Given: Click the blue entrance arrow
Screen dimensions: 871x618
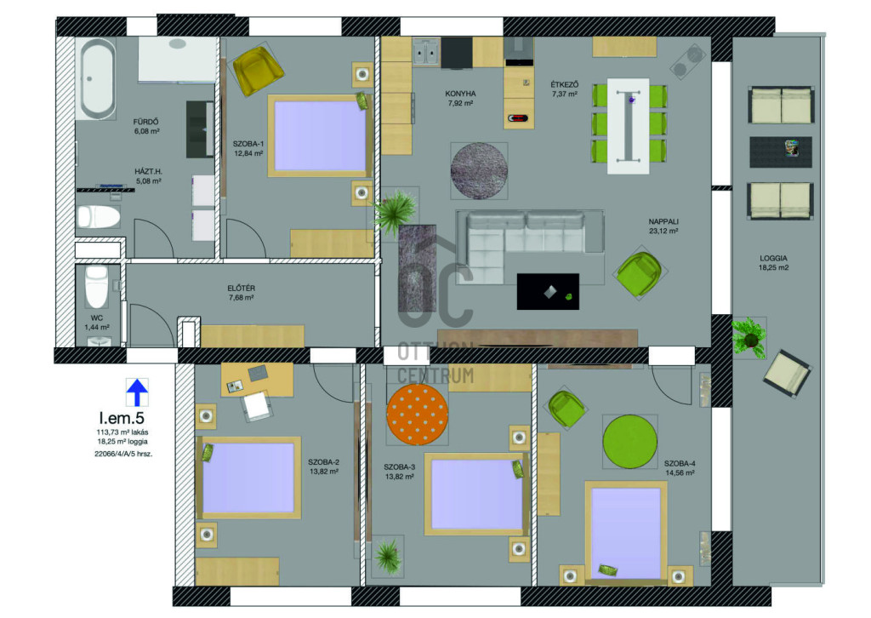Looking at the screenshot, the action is click(137, 392).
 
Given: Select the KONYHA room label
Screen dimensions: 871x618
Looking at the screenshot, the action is click(460, 94).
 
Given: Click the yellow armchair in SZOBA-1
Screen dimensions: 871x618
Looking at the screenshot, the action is click(257, 70).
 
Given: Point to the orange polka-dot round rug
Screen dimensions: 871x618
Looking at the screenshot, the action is click(417, 415).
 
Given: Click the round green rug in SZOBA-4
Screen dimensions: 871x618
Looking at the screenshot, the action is click(630, 442).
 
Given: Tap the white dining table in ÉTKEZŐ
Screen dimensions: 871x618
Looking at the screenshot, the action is click(629, 126).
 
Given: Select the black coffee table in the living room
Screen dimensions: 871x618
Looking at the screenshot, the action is click(549, 291).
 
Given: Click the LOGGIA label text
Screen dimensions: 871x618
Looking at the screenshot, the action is click(773, 258).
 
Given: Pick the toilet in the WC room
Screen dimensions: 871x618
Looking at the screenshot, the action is click(97, 285).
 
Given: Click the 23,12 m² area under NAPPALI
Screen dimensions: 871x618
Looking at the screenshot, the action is click(663, 231).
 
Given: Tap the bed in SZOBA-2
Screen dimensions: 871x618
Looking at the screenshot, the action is click(248, 478).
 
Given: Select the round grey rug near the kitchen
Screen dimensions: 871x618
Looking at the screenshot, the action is click(479, 170).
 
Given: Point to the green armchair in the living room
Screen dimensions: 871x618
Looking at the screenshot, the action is click(640, 273).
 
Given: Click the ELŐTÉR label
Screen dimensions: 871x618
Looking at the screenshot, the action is click(241, 288).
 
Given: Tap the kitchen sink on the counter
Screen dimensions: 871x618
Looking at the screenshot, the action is click(427, 53).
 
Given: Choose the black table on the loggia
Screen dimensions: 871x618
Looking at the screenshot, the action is click(781, 152).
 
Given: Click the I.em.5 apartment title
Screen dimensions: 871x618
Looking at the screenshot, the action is click(122, 418).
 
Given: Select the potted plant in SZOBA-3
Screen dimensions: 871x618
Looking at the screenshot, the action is click(388, 556).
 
